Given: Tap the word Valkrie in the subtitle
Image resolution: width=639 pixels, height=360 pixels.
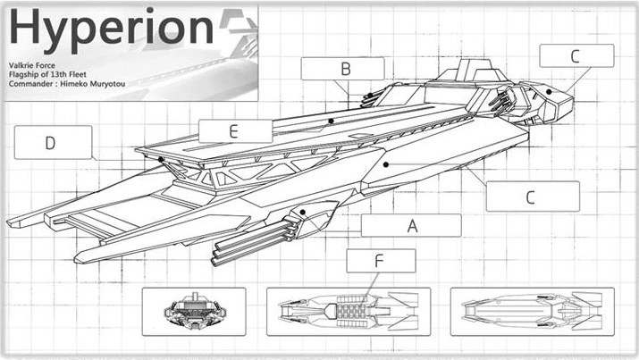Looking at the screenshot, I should (23, 65).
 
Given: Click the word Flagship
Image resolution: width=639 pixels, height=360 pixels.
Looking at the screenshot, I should (27, 75).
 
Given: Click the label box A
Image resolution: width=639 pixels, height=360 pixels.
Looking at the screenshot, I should (411, 225).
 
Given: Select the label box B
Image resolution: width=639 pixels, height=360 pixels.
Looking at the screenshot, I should (343, 68).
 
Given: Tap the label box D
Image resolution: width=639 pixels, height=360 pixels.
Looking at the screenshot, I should (53, 142).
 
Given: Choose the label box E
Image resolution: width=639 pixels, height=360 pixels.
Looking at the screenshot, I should (234, 131).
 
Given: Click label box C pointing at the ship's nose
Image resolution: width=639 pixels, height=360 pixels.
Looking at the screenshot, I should (576, 55).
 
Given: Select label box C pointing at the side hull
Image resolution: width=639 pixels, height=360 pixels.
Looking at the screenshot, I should (531, 197).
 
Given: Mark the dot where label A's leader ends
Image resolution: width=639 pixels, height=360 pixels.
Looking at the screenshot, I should (304, 213).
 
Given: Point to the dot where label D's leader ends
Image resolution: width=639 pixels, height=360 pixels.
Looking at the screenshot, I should (161, 161).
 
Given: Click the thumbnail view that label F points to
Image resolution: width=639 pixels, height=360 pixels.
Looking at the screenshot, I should (349, 311).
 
